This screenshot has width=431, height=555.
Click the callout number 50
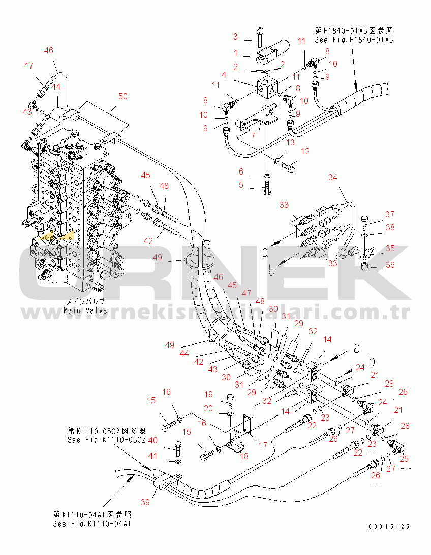(x=123, y=96)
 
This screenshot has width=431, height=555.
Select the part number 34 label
(x=332, y=177)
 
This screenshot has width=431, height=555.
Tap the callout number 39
(x=146, y=502)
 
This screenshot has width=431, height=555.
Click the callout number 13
(x=290, y=142)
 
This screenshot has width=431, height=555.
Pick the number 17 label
(x=263, y=446)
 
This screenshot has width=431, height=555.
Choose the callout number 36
(x=390, y=265)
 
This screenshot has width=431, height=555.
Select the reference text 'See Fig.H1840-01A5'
(x=354, y=39)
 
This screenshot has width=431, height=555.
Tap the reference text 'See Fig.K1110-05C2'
(x=107, y=440)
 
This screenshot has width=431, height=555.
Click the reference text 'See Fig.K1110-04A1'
(x=92, y=524)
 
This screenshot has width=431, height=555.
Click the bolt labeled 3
(x=259, y=36)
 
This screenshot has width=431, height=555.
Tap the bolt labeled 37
(x=365, y=221)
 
